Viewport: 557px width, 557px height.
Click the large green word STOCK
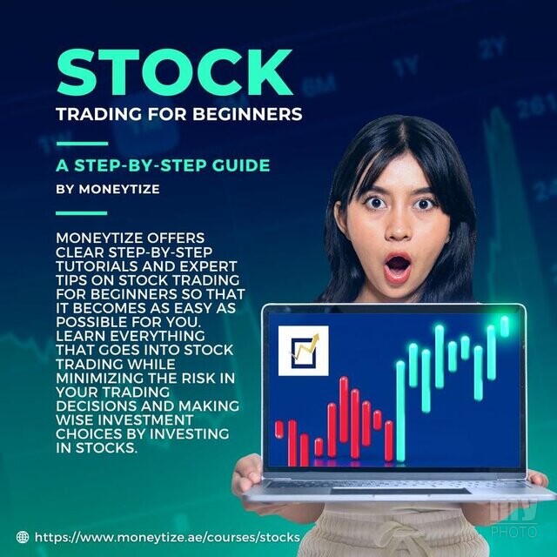point(174,72)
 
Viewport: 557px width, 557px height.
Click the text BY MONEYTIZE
point(108,189)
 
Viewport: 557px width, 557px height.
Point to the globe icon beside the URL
point(23,537)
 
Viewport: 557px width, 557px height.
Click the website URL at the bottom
point(167,537)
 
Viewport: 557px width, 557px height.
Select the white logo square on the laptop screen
point(304,351)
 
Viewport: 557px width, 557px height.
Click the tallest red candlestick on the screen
point(344,410)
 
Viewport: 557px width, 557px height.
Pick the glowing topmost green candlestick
point(505,325)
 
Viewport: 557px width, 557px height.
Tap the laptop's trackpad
point(400,491)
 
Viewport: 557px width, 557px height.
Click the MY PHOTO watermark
point(513,519)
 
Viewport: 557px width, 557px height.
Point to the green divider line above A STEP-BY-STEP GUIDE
point(82,144)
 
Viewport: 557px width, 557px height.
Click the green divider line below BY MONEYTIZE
point(82,213)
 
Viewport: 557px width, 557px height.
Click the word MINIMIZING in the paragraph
point(100,378)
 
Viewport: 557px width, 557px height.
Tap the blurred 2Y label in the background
point(493,48)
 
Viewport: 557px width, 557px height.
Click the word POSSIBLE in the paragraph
point(91,322)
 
